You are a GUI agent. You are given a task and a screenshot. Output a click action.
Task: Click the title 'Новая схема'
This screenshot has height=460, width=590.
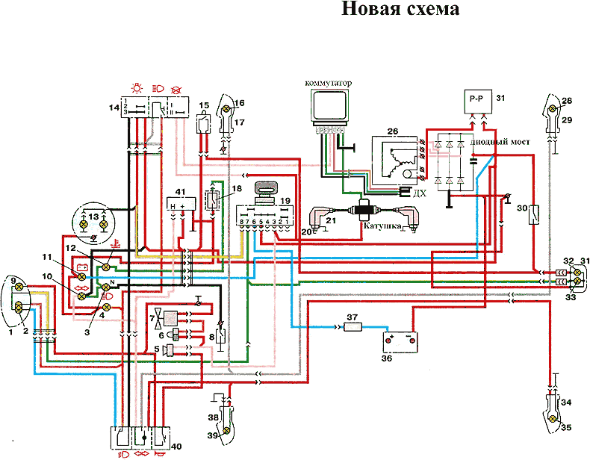tap(400, 10)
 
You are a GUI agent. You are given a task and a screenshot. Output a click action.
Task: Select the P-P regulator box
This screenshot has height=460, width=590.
tap(475, 99)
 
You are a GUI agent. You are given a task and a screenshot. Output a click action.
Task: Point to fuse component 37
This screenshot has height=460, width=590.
tap(353, 326)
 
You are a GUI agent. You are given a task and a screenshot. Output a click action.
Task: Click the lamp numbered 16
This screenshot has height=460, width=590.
tap(226, 110)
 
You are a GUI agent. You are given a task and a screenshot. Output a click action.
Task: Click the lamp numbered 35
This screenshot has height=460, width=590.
tap(552, 419)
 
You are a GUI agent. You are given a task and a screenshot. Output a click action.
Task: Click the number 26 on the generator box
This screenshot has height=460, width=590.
tap(391, 131)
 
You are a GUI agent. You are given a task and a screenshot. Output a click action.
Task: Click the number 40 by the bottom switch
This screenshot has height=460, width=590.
tap(176, 447)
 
